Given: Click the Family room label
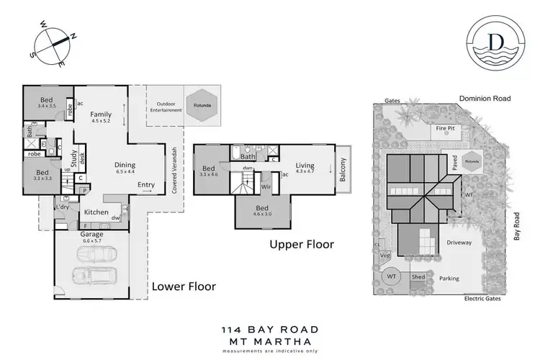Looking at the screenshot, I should [101, 114].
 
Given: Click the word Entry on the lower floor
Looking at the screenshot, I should [146, 185].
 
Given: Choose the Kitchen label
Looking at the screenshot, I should [96, 212].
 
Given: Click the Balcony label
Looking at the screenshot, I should [343, 174].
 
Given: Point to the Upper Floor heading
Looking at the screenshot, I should [302, 245].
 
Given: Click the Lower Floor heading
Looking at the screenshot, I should [183, 286].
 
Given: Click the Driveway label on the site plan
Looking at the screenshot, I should [458, 243].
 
